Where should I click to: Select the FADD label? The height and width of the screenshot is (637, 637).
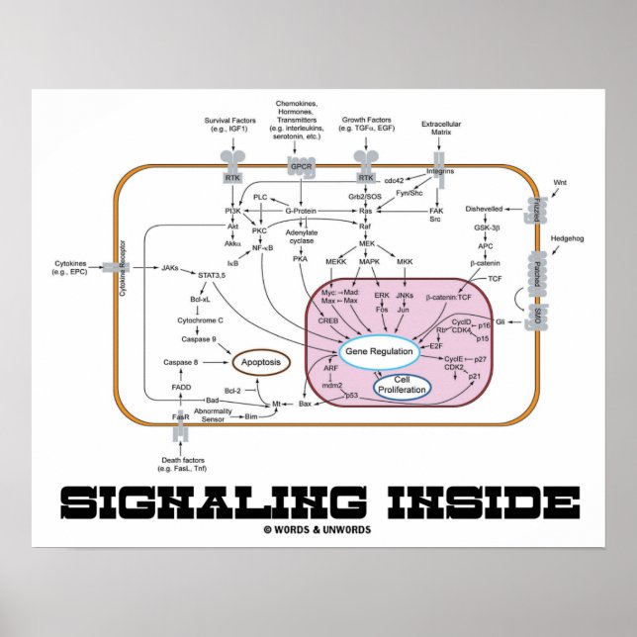pyautogui.click(x=181, y=388)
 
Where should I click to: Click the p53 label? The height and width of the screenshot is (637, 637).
pyautogui.click(x=350, y=395)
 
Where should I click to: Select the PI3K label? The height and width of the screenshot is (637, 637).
pyautogui.click(x=235, y=210)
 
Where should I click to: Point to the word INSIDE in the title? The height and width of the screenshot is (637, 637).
pyautogui.click(x=465, y=499)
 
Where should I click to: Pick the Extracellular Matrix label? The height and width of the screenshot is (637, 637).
pyautogui.click(x=442, y=129)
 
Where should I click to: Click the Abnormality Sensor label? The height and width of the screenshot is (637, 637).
pyautogui.click(x=213, y=415)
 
